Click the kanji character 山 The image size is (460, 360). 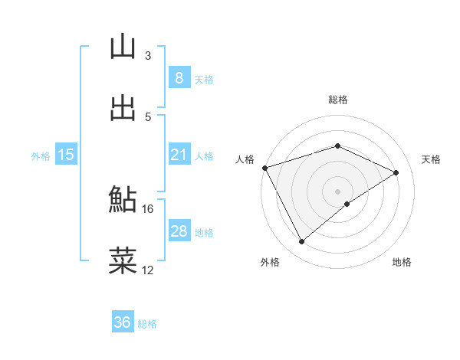[123, 47]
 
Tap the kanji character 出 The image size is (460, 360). [123, 108]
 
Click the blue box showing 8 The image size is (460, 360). [179, 77]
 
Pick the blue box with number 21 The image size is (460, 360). [179, 155]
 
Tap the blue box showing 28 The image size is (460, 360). [179, 231]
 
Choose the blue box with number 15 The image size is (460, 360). [66, 155]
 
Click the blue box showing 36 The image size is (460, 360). [123, 322]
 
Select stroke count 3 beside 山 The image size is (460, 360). [148, 56]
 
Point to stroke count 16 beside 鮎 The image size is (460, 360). [148, 208]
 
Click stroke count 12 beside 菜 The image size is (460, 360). [148, 270]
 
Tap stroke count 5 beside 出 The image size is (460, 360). [148, 116]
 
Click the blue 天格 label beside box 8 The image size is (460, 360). [204, 79]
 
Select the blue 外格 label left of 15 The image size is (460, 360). [41, 156]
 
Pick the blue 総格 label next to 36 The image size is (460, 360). [147, 324]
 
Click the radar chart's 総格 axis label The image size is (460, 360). [337, 100]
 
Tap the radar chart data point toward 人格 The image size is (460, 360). [264, 168]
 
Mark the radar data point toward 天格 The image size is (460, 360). [396, 172]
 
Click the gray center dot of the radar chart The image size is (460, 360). [337, 191]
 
